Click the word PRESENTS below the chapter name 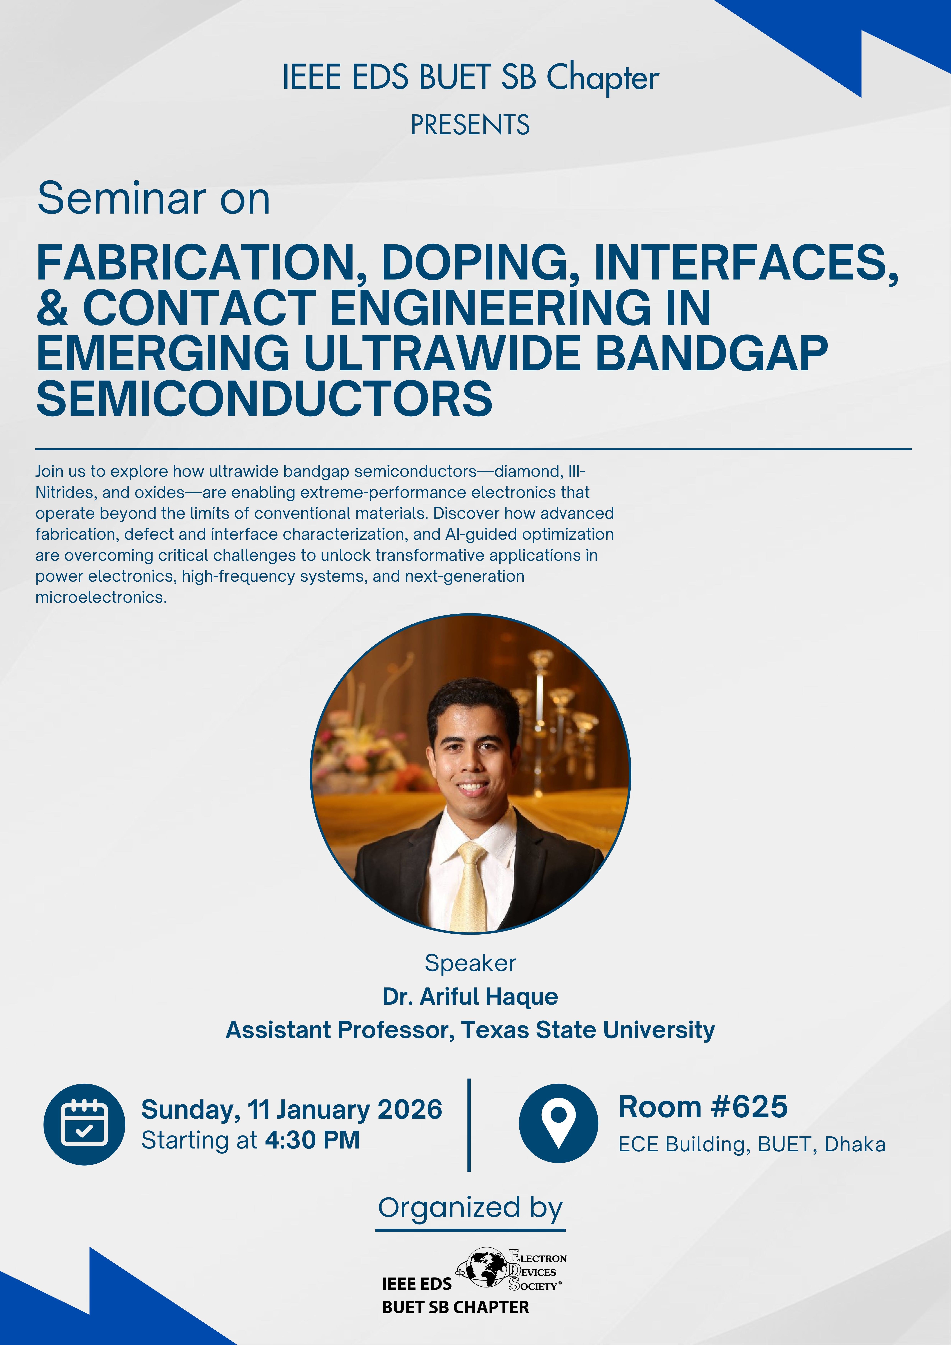470,125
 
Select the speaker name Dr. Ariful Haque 470,996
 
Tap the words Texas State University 588,1030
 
